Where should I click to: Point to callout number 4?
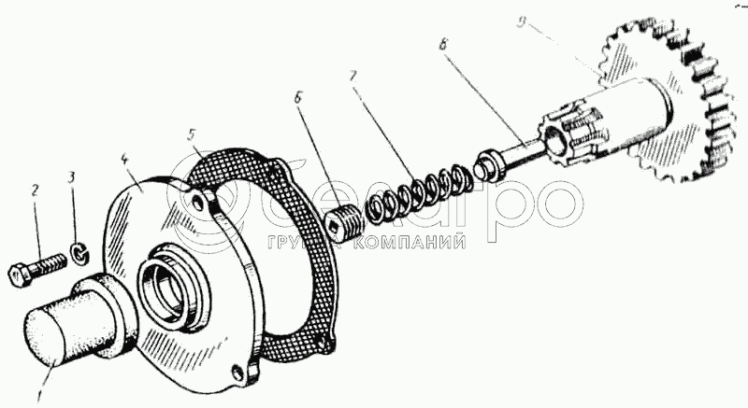point(124,160)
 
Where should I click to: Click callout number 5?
point(194,134)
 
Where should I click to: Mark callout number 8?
point(443,42)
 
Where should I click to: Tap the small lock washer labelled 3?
point(76,252)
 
